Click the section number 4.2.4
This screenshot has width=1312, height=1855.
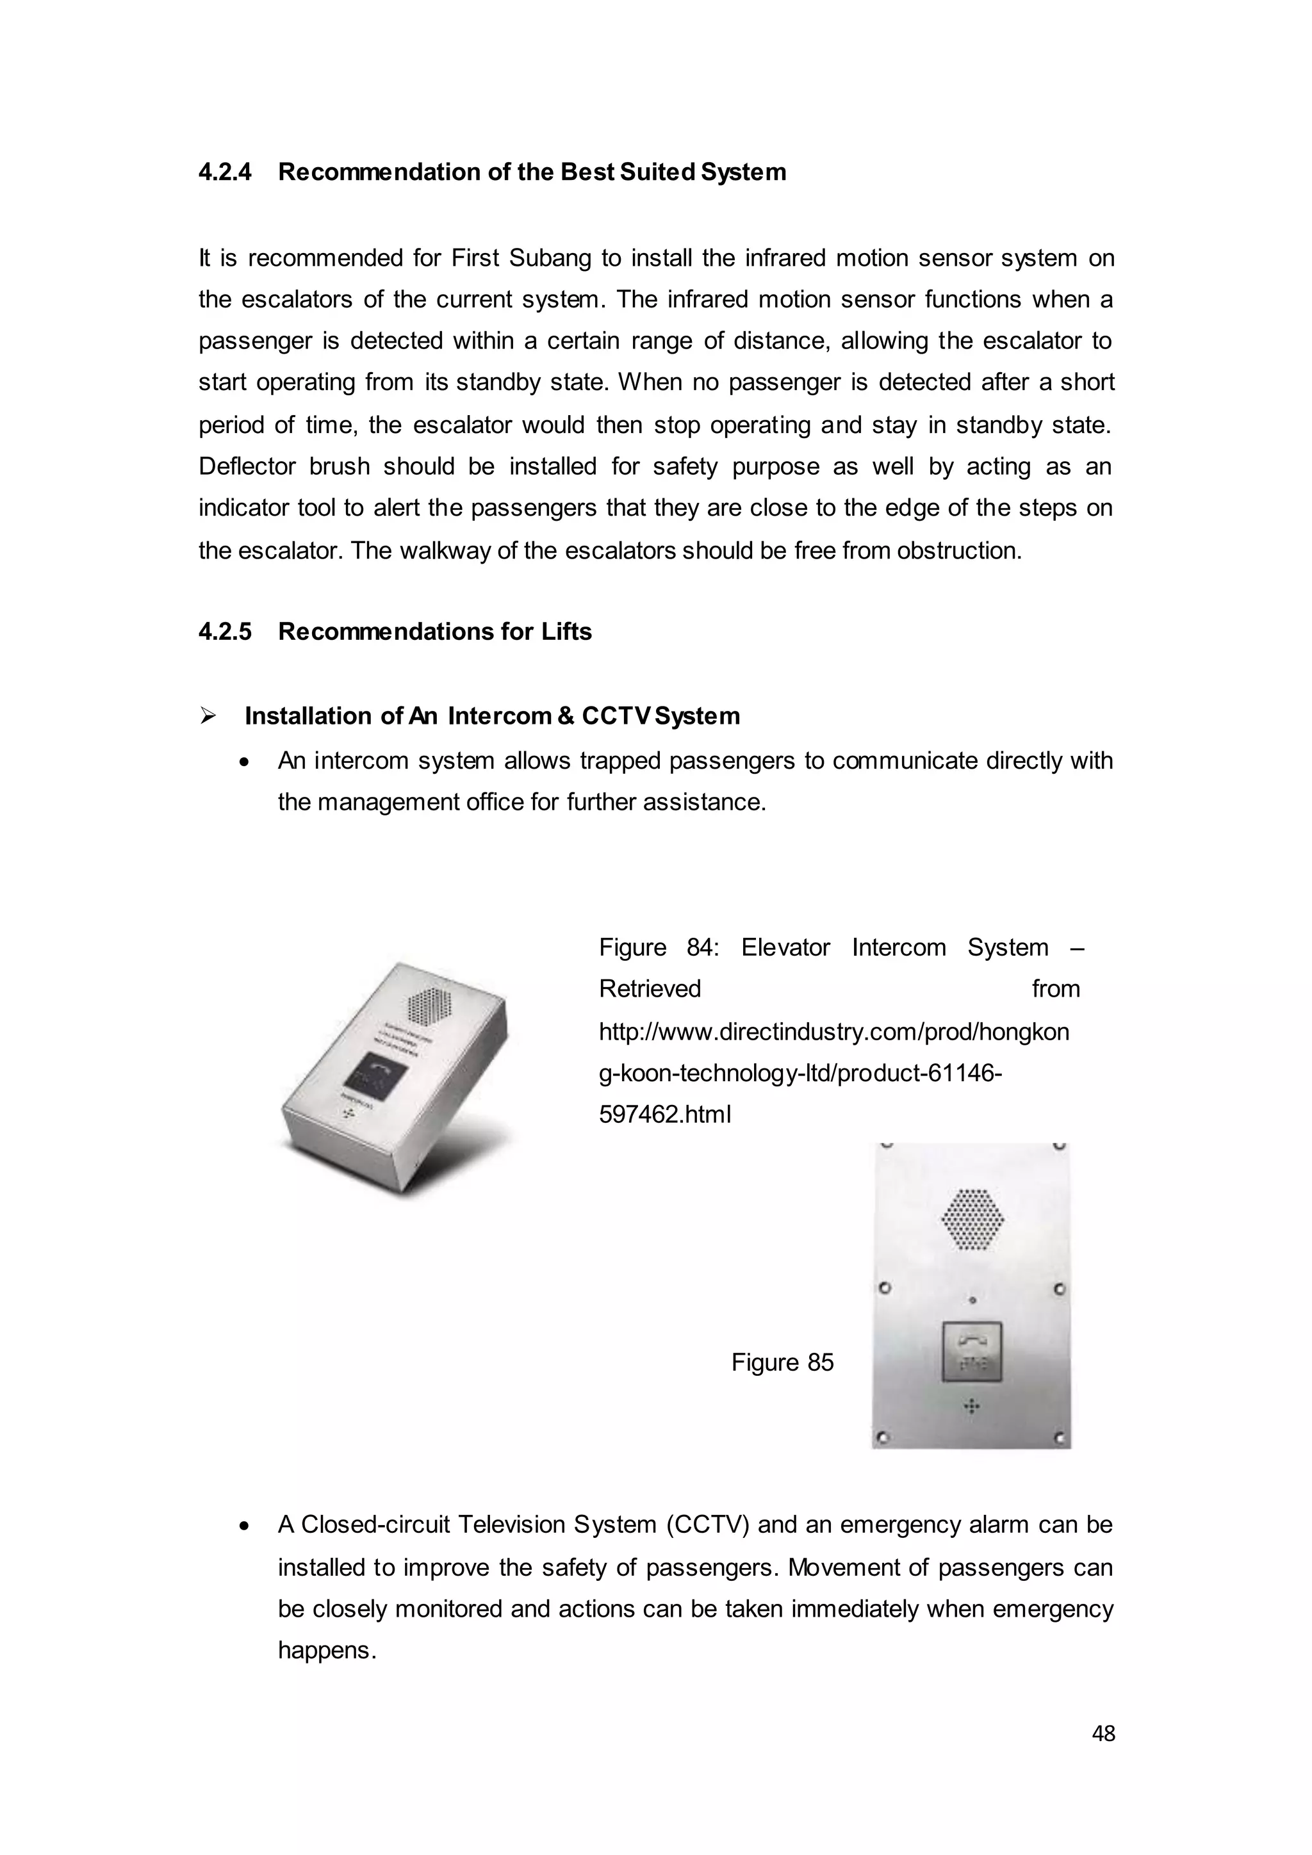pyautogui.click(x=225, y=172)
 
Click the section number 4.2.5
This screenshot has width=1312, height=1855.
pyautogui.click(x=225, y=631)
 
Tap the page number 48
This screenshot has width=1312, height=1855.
pyautogui.click(x=1103, y=1733)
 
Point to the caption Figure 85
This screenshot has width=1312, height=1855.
pyautogui.click(x=782, y=1362)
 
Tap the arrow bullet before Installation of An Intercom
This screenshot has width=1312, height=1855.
pyautogui.click(x=208, y=716)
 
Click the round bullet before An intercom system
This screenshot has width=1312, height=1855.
pyautogui.click(x=245, y=762)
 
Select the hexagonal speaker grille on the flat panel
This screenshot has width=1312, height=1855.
pyautogui.click(x=972, y=1219)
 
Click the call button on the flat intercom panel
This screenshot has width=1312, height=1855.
pyautogui.click(x=972, y=1352)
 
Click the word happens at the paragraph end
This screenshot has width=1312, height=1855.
pyautogui.click(x=325, y=1650)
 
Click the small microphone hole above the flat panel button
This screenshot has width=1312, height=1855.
pyautogui.click(x=972, y=1300)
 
